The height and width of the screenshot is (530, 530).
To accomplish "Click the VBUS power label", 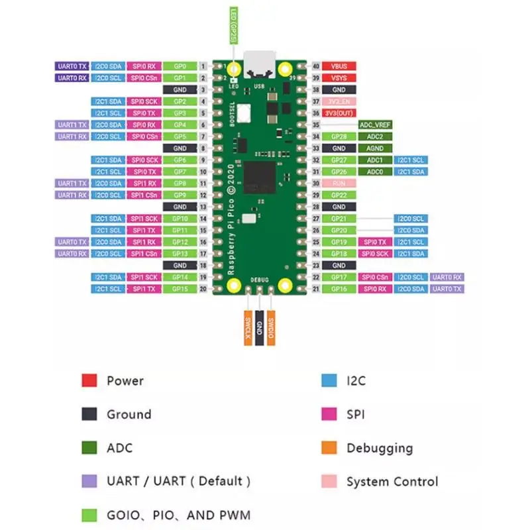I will coord(339,66).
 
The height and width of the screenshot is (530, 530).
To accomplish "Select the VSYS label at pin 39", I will coord(339,78).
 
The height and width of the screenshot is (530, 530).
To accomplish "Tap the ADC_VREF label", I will coord(376,125).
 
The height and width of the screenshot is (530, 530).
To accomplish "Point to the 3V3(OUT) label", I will coord(339,113).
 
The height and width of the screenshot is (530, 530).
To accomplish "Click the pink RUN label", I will coord(339,183).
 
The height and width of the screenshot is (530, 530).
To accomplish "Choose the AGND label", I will coord(376,148).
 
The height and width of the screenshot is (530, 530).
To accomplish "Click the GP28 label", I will coord(339,136).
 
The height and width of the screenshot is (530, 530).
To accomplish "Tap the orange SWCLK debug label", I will coord(247,327).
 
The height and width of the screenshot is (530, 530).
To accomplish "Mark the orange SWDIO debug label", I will coord(272,327).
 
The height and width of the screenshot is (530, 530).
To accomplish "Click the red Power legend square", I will coord(89,381).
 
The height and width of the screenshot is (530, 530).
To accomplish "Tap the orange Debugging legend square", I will coord(329,448).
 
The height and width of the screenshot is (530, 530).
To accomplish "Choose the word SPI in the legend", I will coord(356,415).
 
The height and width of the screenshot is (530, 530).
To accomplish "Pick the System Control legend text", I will coord(392,482).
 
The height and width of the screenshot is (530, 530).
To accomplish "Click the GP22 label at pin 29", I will coord(339,195).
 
